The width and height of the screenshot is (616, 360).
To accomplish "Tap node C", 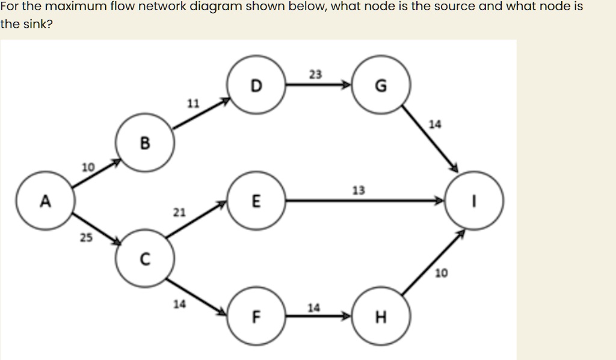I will tap(145, 259).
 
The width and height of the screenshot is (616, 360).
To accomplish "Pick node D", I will tap(256, 85).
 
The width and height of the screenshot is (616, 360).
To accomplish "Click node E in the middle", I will tap(256, 201).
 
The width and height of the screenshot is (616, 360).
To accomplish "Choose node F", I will tap(256, 316).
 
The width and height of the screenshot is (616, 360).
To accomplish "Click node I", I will tap(475, 201).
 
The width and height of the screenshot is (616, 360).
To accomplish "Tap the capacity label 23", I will tap(315, 75).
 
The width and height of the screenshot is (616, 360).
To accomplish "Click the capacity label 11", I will tap(192, 104).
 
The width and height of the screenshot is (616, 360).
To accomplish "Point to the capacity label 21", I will tap(179, 213).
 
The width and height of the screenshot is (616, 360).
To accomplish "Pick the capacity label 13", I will tap(358, 191).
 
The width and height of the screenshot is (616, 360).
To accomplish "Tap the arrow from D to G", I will tap(318, 85).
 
